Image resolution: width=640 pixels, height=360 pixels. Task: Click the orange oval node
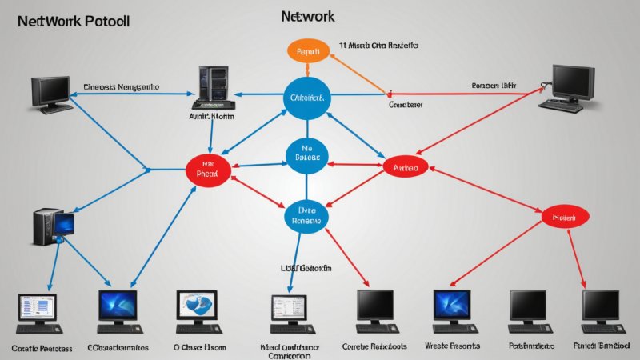[308, 50]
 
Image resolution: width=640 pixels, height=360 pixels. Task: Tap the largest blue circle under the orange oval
[308, 98]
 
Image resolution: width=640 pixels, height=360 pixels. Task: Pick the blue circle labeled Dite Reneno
[308, 214]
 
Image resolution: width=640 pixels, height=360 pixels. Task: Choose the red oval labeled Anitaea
[406, 166]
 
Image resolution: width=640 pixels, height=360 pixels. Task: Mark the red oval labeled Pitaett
[565, 216]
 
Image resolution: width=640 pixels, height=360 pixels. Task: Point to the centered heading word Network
[308, 16]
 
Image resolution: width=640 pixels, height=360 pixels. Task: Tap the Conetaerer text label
[405, 105]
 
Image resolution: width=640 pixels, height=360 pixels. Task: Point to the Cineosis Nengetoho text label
[121, 86]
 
